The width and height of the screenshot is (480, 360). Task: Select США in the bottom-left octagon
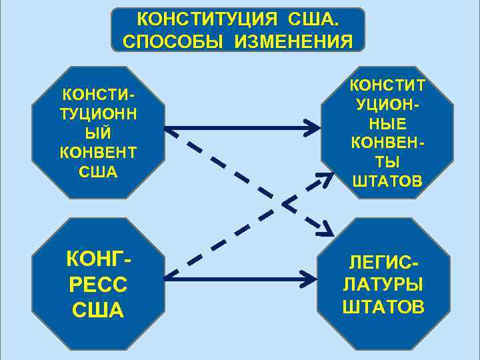click(x=97, y=311)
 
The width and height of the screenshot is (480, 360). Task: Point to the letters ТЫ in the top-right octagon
click(x=387, y=163)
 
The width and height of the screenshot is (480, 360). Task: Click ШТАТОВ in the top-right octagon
click(x=387, y=181)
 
